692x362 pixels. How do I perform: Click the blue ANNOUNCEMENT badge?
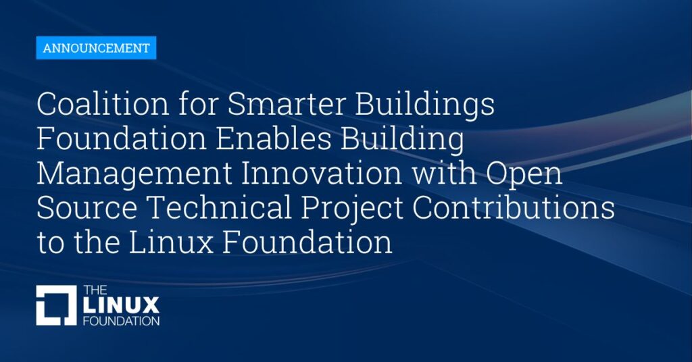96,48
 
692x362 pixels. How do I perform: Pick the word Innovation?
322,174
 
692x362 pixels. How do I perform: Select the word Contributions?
514,207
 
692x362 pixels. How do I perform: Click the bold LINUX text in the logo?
121,305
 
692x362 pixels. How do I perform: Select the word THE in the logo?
95,290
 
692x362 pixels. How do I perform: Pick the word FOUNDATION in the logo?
122,321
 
